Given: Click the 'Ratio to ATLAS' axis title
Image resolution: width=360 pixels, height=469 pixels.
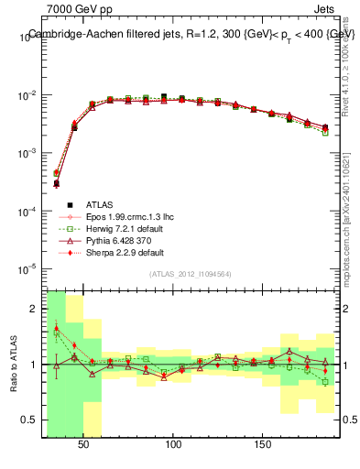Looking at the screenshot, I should [x=12, y=364].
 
